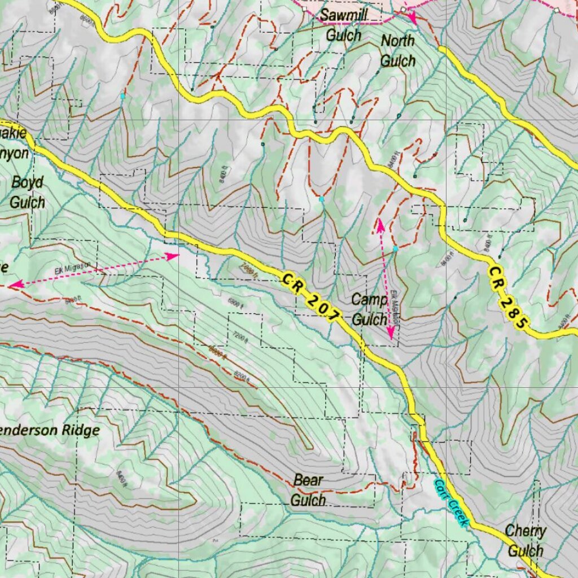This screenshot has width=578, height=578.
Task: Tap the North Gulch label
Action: pos(398,51)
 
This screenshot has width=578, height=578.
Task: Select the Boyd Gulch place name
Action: pos(27,192)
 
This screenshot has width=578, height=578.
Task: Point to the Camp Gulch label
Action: pos(370,309)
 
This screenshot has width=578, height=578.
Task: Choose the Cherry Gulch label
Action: pos(526,540)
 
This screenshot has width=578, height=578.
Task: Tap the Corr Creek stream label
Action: pos(451,503)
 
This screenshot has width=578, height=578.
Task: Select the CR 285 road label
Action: pos(508,297)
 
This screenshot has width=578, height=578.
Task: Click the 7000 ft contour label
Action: pos(248,269)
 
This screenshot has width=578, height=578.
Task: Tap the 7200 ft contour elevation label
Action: pos(239,337)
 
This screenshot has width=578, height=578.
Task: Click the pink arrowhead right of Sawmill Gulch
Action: pos(412,19)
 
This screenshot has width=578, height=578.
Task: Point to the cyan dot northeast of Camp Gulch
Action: pos(396,248)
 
